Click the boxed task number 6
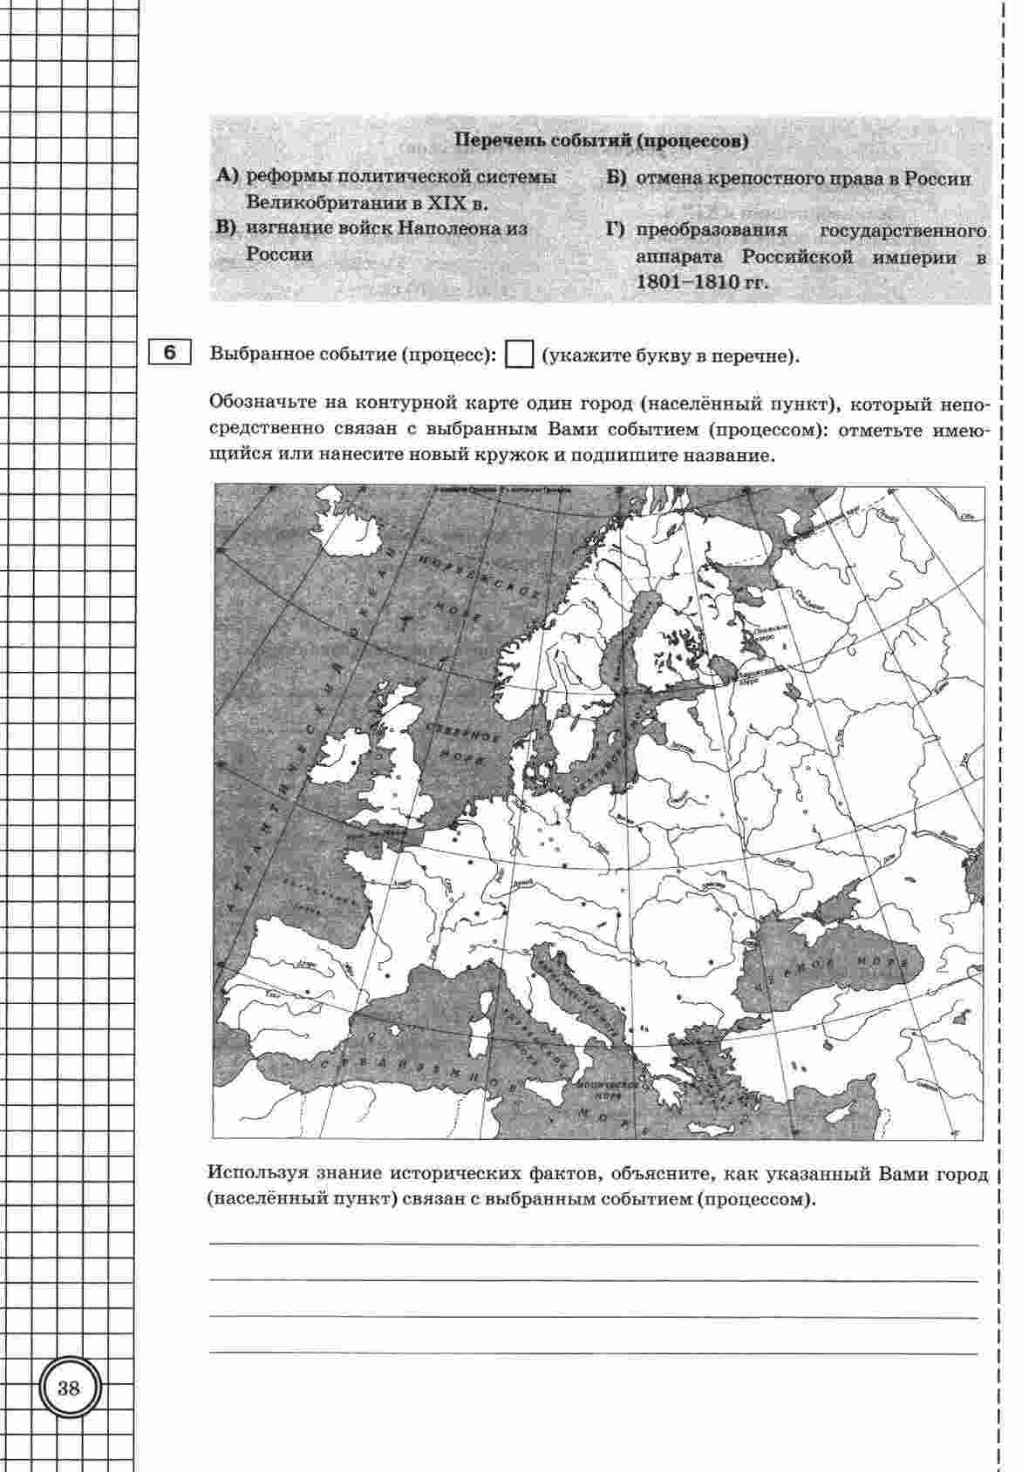click(x=169, y=352)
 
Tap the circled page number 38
click(x=69, y=1388)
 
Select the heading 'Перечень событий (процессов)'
click(x=603, y=140)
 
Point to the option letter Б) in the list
click(x=617, y=179)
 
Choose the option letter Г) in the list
click(x=617, y=231)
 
